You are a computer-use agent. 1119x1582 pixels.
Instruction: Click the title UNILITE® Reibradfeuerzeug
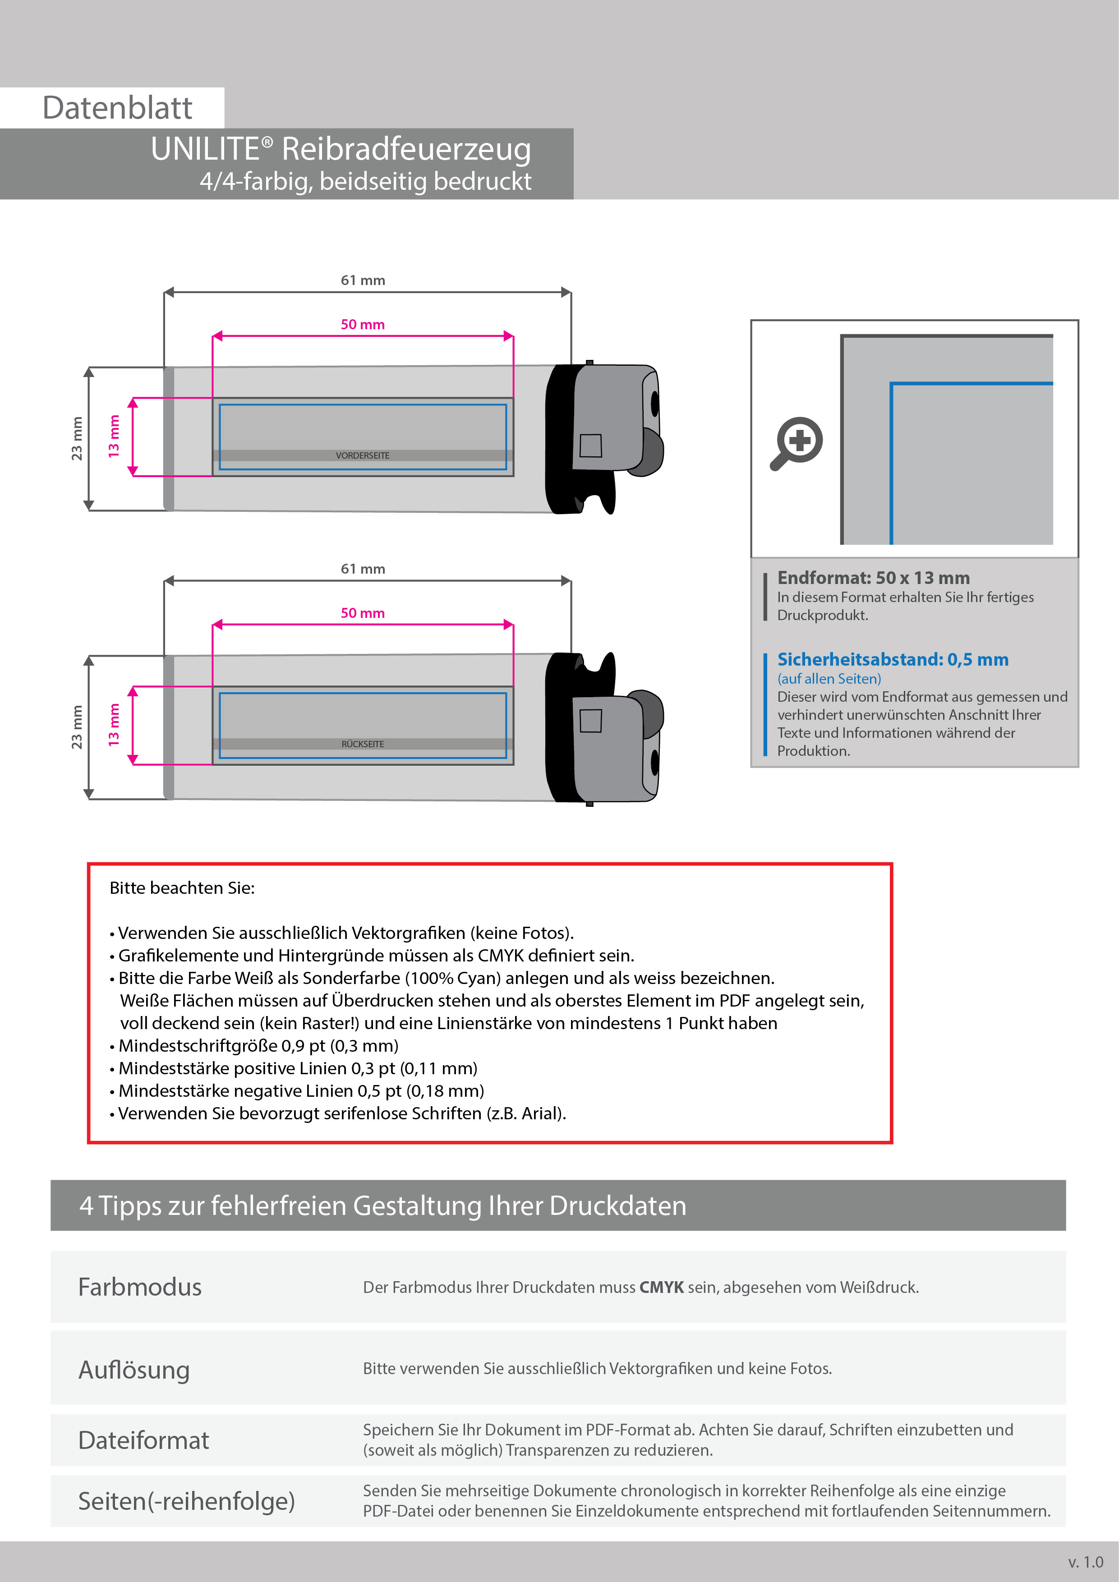click(341, 149)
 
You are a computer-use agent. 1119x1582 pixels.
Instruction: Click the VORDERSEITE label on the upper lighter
click(363, 455)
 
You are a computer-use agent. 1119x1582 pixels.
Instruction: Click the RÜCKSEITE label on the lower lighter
click(363, 744)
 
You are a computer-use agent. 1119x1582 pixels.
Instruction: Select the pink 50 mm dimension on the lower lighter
click(363, 612)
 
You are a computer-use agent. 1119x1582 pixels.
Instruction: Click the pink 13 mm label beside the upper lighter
click(114, 436)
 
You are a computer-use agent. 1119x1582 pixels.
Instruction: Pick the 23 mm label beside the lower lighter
click(77, 727)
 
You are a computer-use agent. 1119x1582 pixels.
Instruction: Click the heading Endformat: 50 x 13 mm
click(873, 577)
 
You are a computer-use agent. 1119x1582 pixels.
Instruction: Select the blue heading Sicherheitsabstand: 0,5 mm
click(892, 659)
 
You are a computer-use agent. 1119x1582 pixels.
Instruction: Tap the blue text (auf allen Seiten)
click(829, 679)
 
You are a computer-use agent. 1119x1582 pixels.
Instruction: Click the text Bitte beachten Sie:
click(182, 888)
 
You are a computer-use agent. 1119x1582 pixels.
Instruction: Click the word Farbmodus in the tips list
click(140, 1287)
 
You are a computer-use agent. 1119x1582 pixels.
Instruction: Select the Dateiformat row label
click(143, 1440)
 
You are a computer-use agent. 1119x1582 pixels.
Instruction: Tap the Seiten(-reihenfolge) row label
click(186, 1501)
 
